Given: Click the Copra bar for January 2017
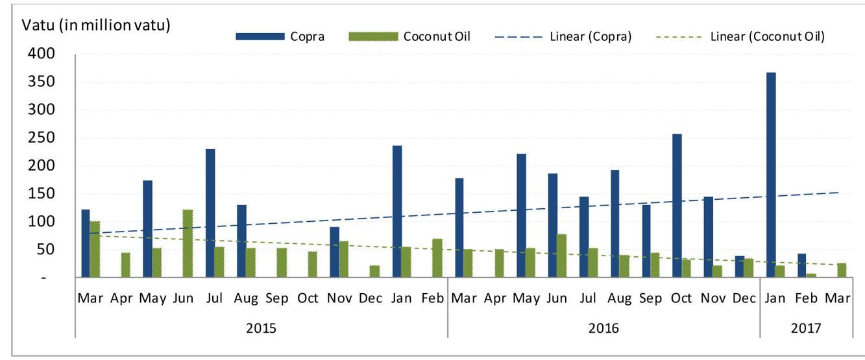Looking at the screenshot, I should pos(770,174).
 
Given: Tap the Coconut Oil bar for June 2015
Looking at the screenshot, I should pos(188,243).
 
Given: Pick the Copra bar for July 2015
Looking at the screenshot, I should pos(210,213).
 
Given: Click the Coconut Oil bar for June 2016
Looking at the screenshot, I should pos(561,256).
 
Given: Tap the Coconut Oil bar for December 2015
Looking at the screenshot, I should pos(375,271).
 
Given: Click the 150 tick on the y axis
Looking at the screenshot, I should pos(37,194).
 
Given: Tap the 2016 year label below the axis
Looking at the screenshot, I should pos(603,328).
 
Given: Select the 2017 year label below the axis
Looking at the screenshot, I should pos(805,328).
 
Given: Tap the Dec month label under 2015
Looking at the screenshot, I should pos(371,298).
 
